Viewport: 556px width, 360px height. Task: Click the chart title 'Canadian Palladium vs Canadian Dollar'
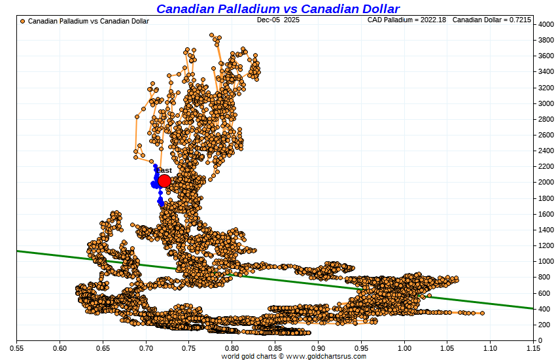(278, 9)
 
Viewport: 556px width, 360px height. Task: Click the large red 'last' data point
(164, 181)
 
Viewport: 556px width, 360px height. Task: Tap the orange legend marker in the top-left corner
(23, 21)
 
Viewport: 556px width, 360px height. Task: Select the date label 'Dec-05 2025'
(278, 20)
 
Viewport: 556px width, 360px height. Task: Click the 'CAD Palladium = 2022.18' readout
(407, 20)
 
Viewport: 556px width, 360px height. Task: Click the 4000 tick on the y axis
(545, 24)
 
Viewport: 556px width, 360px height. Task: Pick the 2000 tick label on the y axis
(545, 183)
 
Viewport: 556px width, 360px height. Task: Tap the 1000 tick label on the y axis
(545, 261)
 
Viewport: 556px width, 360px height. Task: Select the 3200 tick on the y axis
(545, 88)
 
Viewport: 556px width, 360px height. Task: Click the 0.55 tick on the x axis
(17, 348)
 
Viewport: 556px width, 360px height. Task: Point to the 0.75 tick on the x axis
(189, 348)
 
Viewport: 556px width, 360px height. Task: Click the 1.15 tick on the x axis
(533, 348)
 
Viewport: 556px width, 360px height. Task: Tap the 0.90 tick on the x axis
(319, 348)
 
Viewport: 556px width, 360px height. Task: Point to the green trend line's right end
(532, 308)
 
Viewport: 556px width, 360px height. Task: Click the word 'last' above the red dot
(165, 170)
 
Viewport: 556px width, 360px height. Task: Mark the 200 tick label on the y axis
(545, 325)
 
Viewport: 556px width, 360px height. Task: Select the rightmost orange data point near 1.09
(482, 313)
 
